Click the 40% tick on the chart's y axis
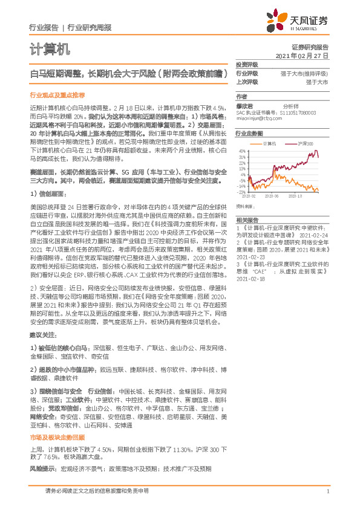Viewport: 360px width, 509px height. coord(241,151)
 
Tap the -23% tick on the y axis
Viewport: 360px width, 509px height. coord(241,193)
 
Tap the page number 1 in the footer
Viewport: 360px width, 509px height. coord(327,492)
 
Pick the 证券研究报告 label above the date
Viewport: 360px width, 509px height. coord(309,47)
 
